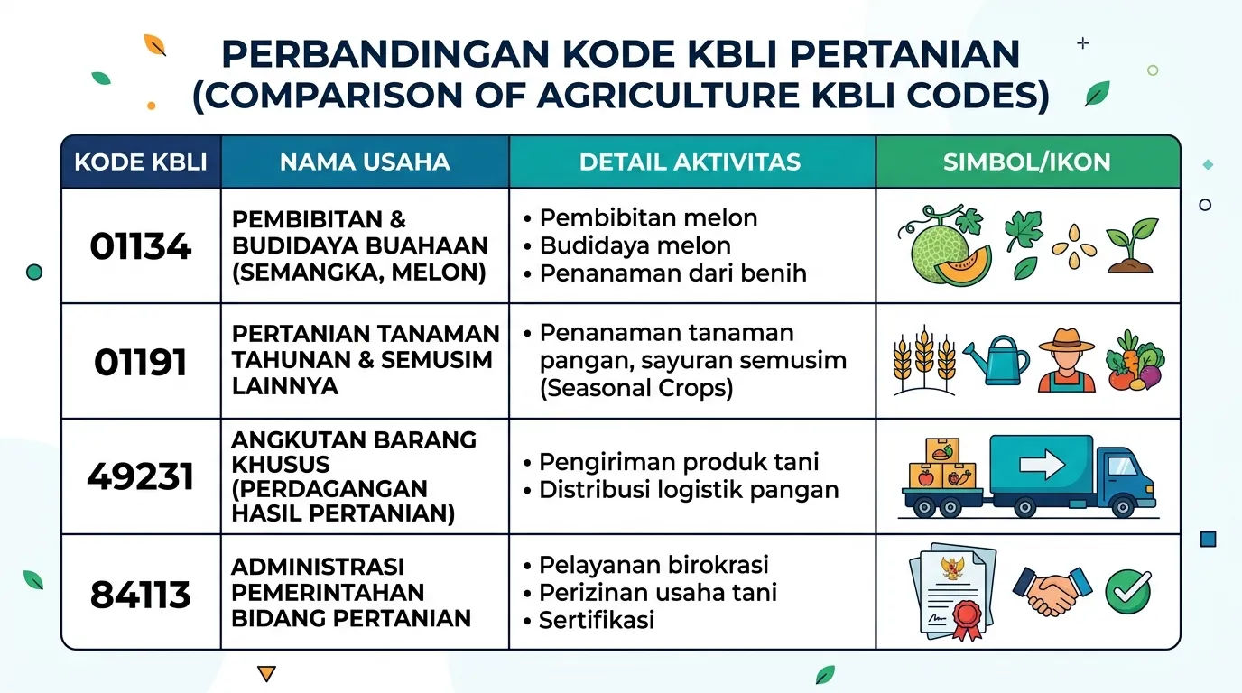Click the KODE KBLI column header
click(140, 162)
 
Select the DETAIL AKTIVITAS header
click(691, 162)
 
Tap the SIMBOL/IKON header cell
click(1027, 162)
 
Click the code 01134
click(140, 246)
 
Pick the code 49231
click(140, 476)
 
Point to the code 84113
click(140, 595)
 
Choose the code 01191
click(140, 362)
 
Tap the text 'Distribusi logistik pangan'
click(689, 490)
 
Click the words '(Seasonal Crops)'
click(636, 387)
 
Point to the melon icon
click(945, 245)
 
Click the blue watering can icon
click(996, 359)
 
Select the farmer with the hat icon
click(1066, 360)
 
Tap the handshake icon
click(1052, 591)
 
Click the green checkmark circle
click(1127, 592)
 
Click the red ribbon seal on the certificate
click(967, 620)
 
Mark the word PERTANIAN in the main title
click(904, 54)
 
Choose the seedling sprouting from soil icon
click(1131, 245)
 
